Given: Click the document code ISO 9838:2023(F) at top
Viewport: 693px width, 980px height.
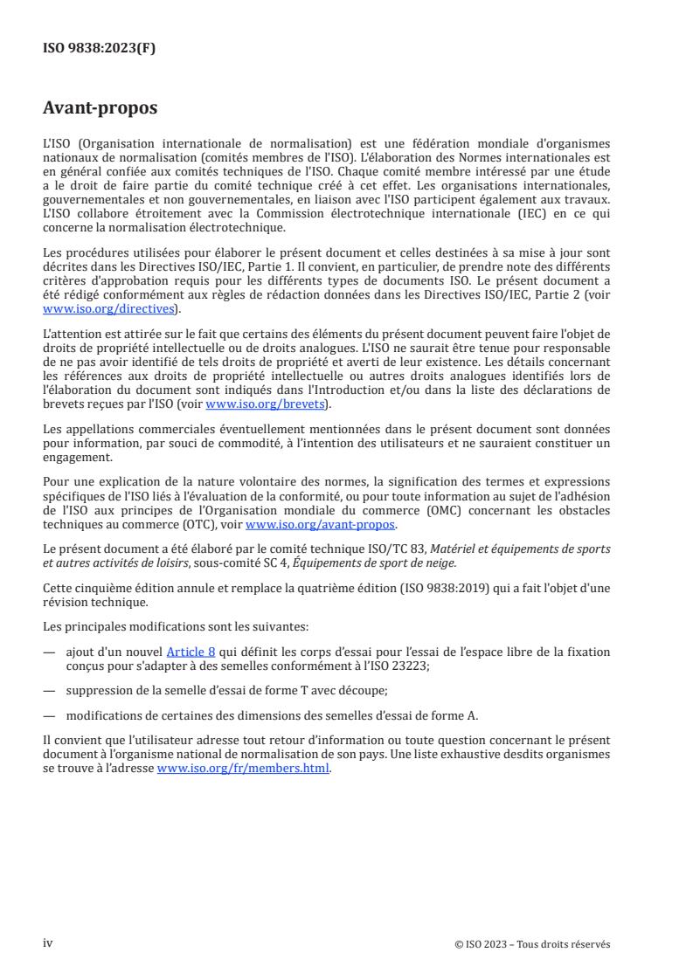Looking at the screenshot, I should coord(100,49).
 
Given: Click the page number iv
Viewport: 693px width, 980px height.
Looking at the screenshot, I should coord(49,942).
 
